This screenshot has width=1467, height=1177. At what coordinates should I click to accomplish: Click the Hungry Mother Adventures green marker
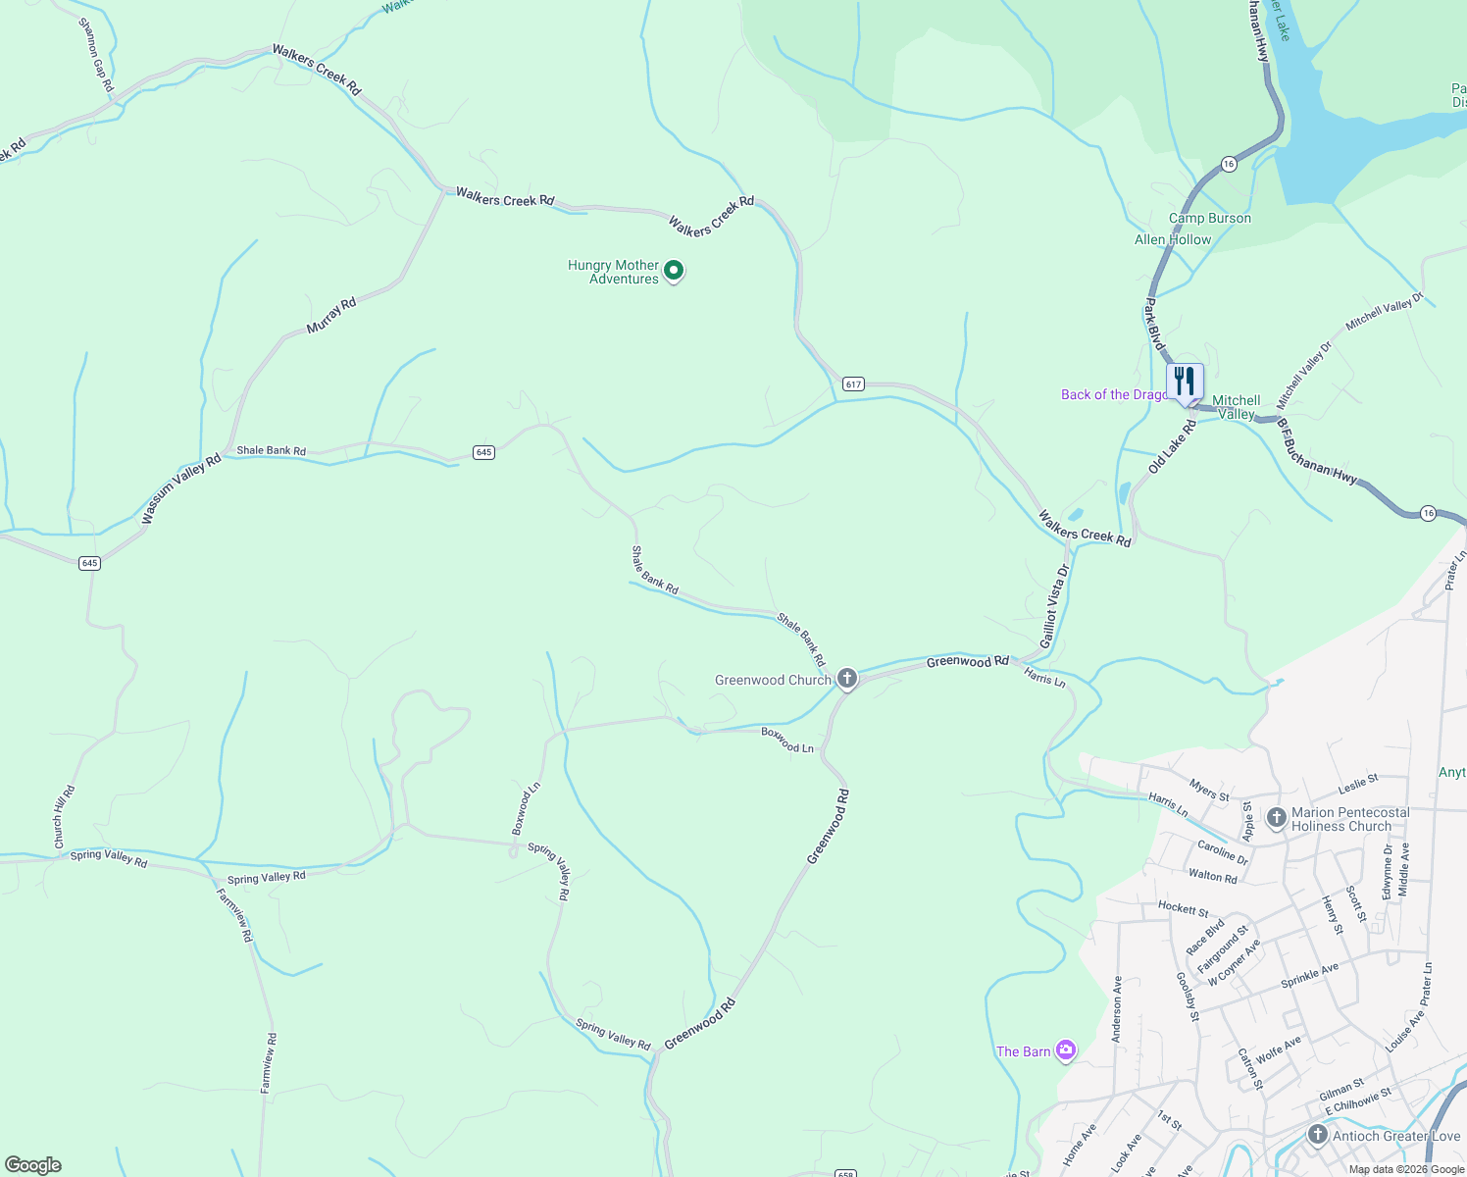point(674,270)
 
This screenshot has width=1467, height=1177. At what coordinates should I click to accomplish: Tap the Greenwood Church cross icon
point(847,679)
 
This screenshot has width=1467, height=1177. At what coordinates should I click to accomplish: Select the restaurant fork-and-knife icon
point(1185,381)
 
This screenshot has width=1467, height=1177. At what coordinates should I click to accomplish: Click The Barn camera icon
point(1066,1050)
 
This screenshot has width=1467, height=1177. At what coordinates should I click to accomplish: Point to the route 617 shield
point(853,384)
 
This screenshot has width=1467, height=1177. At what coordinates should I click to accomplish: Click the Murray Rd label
point(331,316)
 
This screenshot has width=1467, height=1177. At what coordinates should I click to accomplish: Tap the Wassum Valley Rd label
point(181,488)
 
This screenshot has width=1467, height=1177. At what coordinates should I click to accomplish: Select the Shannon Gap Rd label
point(96,56)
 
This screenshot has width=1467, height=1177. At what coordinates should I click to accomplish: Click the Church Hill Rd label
point(65,817)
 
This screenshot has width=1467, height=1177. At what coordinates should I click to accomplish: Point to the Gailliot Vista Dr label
point(1054,606)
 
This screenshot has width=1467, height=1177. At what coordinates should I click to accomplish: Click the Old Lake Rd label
point(1173,447)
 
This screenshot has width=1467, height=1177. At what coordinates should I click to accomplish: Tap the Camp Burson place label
point(1210,218)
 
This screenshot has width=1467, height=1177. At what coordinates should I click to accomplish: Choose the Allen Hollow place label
point(1173,239)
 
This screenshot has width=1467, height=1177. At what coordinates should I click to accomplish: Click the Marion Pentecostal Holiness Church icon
point(1277,818)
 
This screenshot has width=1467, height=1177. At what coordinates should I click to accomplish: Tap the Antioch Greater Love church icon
point(1318,1135)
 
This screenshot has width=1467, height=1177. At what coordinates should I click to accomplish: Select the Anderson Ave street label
point(1117,1007)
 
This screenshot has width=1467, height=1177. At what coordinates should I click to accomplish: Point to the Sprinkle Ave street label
point(1309,976)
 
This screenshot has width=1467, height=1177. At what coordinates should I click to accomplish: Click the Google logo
point(33,1164)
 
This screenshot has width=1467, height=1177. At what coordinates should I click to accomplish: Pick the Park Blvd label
point(1154,325)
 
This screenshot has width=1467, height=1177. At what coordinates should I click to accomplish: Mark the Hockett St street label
point(1183,908)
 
